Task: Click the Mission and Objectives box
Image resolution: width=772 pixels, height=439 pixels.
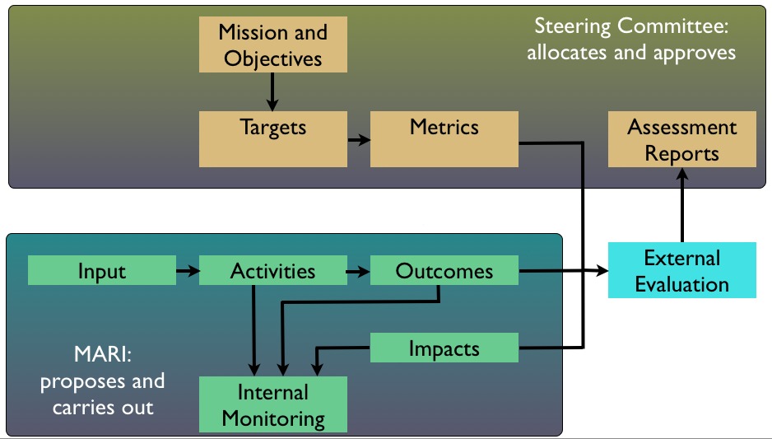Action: pos(273,45)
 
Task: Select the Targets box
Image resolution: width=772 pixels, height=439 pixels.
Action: pos(273,128)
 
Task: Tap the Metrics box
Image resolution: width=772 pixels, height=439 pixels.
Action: pos(444,128)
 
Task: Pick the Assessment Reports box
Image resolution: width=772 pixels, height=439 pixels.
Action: pos(681,140)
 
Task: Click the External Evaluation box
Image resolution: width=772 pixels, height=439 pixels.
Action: pos(681,271)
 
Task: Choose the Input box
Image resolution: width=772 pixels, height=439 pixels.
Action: pos(102,271)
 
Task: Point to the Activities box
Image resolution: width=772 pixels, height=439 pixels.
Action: pos(273,271)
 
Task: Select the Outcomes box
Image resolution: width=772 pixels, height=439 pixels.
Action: pos(444,271)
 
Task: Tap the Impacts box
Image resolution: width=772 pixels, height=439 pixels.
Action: pos(444,348)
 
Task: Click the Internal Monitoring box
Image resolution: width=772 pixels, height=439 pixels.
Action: pos(273,404)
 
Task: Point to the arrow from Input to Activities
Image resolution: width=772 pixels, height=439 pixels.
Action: pos(188,270)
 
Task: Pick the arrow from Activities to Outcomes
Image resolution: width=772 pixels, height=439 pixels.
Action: pos(359,270)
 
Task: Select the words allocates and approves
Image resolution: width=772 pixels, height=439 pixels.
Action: pos(632,53)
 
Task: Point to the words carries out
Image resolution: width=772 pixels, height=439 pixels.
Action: pos(103,407)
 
